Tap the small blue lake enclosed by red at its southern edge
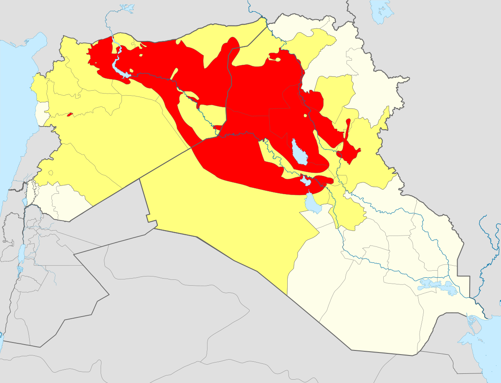coord(306,181)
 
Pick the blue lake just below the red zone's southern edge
coord(312,204)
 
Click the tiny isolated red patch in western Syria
coord(70,114)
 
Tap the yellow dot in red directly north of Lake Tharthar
coord(306,116)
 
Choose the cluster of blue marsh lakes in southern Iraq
coord(436,287)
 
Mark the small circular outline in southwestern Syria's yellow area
coord(51,172)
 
